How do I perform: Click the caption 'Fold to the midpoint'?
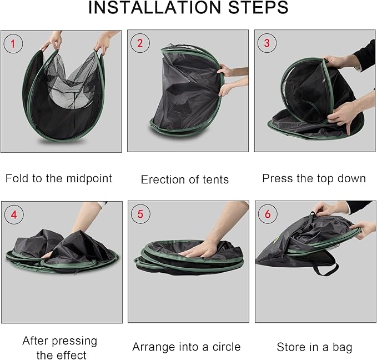[59, 178]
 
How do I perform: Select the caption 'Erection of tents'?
[185, 179]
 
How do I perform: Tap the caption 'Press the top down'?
[314, 178]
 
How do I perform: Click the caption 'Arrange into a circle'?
[187, 347]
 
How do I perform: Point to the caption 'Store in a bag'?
[314, 347]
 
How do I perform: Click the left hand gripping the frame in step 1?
[55, 40]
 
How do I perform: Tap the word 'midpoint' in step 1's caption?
[89, 178]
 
